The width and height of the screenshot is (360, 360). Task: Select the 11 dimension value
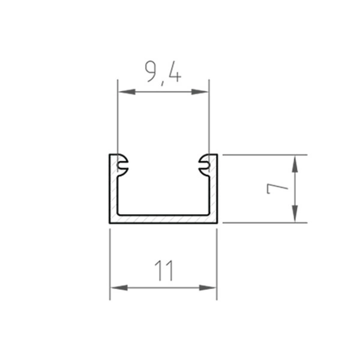[163, 271]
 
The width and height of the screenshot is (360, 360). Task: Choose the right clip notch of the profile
[203, 163]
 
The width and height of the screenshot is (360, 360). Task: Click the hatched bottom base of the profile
[163, 219]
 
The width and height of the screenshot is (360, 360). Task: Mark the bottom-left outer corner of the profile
[110, 223]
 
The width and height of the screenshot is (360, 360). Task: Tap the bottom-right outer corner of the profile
[217, 223]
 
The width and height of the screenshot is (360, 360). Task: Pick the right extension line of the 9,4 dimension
[209, 120]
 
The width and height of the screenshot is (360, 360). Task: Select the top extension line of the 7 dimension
[264, 155]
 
